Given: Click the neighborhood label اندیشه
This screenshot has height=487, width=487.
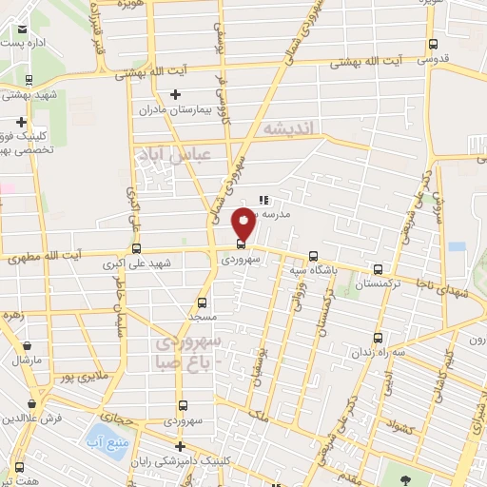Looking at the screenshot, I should pyautogui.click(x=287, y=127).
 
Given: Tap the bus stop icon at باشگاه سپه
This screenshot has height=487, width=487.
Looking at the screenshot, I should pyautogui.click(x=313, y=255).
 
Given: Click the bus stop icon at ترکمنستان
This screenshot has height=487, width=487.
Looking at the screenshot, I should pyautogui.click(x=380, y=270).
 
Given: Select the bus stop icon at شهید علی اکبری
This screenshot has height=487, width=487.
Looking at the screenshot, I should pyautogui.click(x=123, y=251).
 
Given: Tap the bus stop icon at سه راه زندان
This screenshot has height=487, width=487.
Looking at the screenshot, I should pyautogui.click(x=379, y=338).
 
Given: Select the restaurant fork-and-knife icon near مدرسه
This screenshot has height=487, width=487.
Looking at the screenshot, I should pyautogui.click(x=263, y=201).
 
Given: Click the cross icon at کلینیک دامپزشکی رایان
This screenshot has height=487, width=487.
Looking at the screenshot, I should pyautogui.click(x=180, y=446).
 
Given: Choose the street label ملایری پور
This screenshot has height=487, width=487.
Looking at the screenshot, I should pyautogui.click(x=75, y=378).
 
